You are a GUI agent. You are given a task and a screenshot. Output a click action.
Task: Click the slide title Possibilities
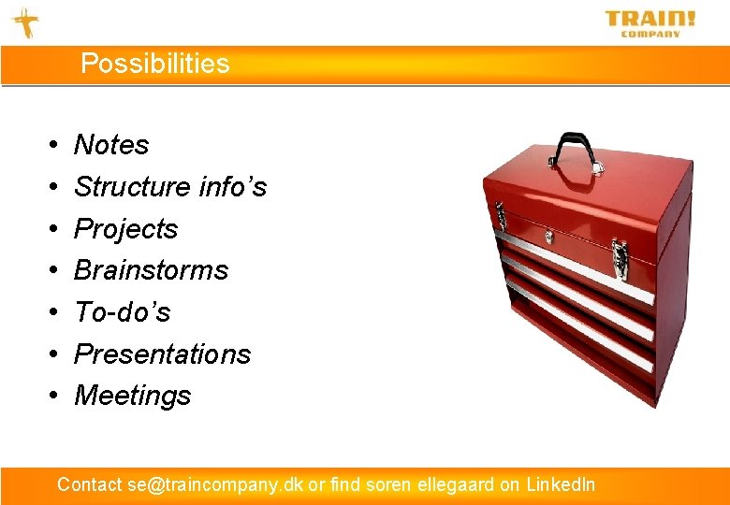(154, 64)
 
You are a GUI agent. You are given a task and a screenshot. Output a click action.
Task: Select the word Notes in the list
(111, 145)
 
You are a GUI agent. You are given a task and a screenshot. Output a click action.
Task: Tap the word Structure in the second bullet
(121, 187)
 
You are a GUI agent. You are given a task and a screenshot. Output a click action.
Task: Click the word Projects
(125, 229)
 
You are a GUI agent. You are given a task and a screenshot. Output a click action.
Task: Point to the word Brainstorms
(151, 270)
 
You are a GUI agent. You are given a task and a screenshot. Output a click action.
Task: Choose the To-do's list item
(122, 312)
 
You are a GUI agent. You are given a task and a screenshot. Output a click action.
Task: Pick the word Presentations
(162, 354)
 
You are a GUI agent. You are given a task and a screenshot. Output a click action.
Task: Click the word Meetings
(132, 396)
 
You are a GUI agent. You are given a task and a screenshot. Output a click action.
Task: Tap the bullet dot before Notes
(53, 146)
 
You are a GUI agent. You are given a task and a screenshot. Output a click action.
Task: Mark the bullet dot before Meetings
(53, 397)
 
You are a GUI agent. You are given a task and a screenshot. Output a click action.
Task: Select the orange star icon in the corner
(25, 22)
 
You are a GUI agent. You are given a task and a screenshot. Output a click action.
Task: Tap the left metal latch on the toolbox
(502, 215)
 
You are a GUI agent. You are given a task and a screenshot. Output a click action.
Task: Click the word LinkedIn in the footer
(560, 484)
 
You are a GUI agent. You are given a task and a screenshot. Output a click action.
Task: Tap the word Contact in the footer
(89, 484)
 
